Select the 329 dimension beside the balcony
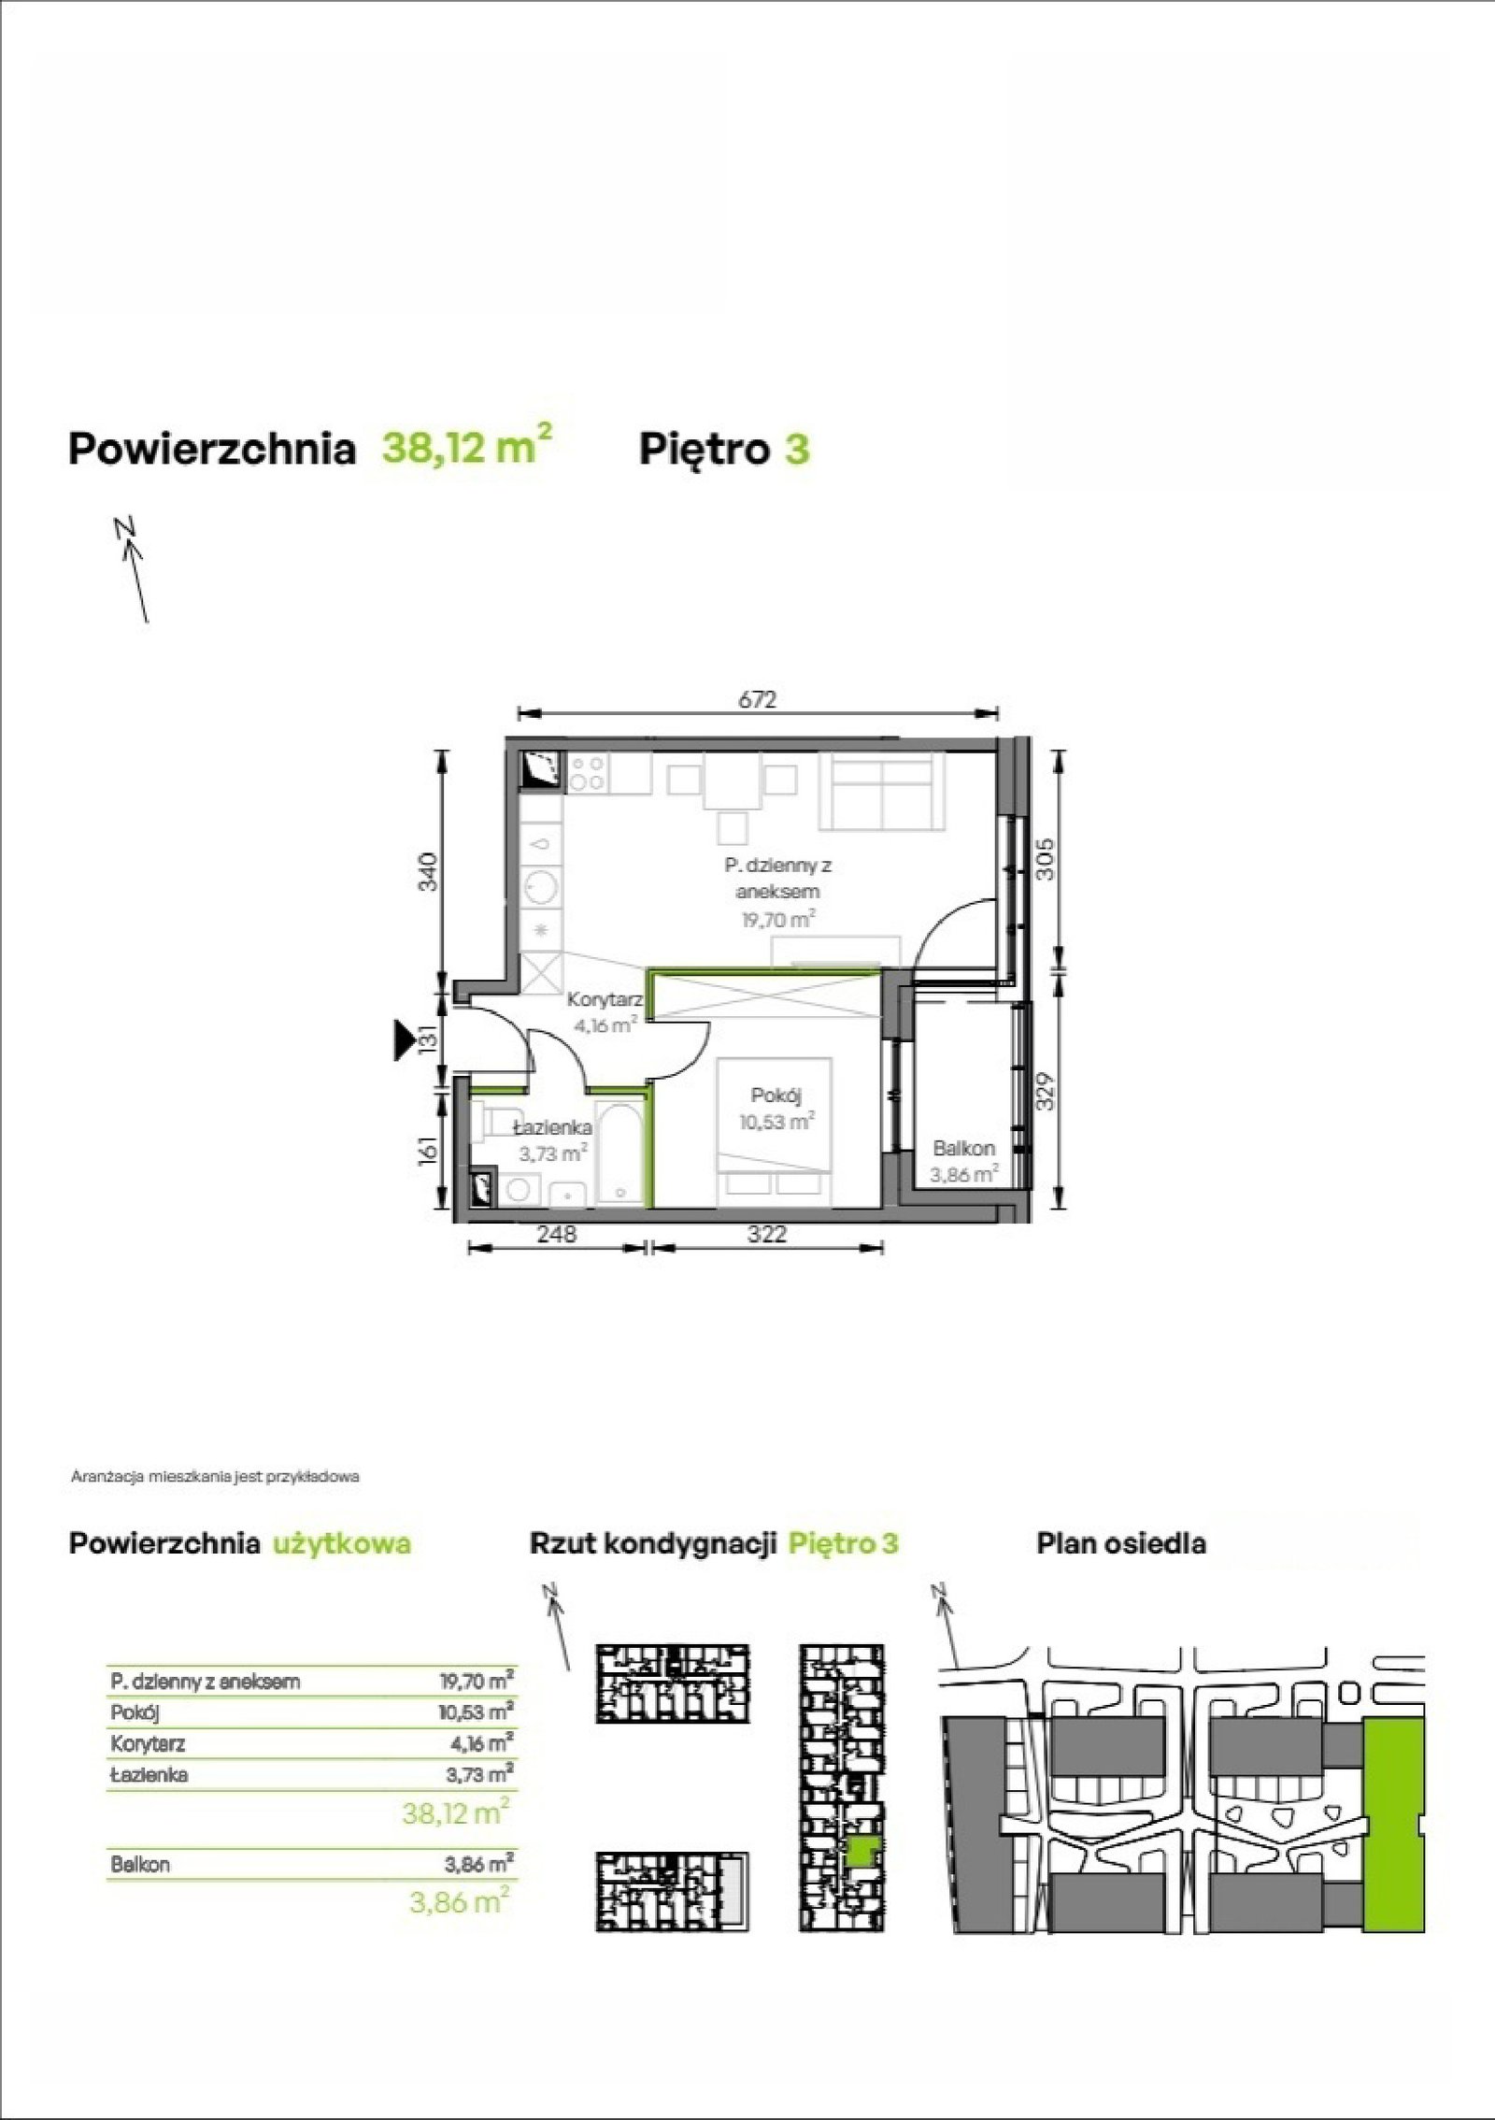(1047, 1091)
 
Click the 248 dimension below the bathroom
(557, 1235)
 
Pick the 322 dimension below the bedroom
(766, 1235)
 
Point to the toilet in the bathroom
(491, 1123)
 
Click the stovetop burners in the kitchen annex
(587, 776)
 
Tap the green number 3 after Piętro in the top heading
(797, 450)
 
